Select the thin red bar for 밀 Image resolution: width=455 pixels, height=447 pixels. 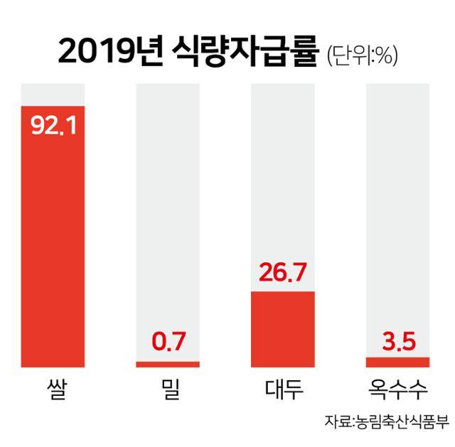coord(168,365)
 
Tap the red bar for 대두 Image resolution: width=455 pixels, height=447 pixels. coord(283,329)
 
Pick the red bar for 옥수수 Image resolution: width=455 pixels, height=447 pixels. coord(397,362)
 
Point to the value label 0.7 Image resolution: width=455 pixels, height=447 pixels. coord(168,343)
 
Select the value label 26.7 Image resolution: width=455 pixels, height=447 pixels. coord(283,271)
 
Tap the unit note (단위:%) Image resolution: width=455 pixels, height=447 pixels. coord(361,55)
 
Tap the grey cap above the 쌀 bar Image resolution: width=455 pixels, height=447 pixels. coord(54,94)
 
